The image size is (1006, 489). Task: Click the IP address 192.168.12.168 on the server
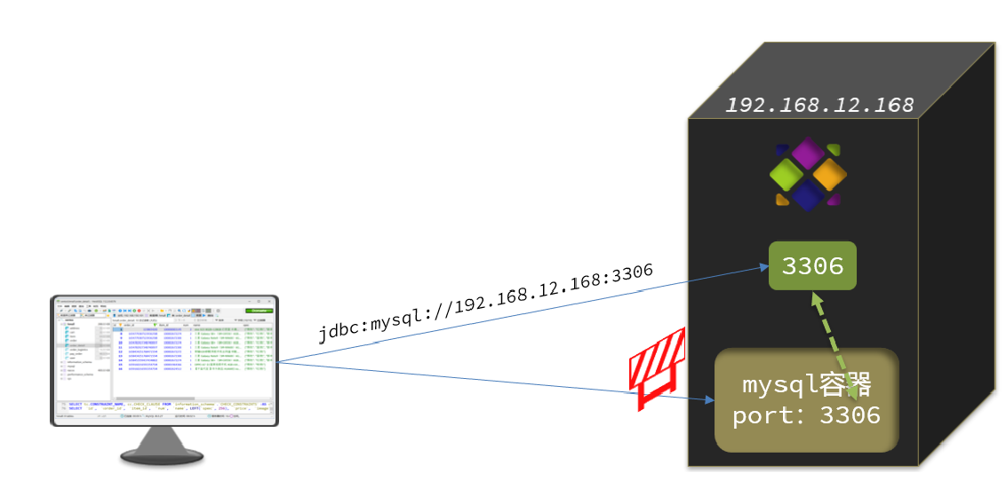coord(819,105)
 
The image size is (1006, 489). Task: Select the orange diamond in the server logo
coord(828,175)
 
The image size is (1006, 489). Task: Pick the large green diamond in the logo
coord(786,175)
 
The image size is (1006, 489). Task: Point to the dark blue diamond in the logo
coord(807,196)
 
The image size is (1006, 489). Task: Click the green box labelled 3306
coord(812,265)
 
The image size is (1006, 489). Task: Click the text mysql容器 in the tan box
coord(806,385)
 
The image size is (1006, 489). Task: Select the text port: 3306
coord(806,415)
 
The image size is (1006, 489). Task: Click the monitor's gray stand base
coord(163,455)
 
